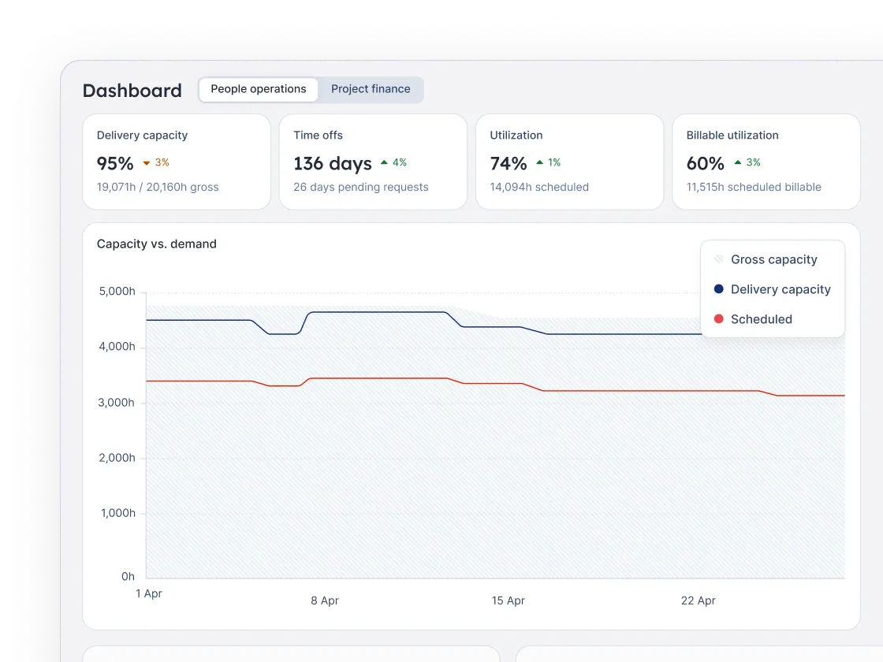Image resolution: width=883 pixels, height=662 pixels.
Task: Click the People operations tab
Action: (258, 89)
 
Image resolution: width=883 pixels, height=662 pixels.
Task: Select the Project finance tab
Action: (371, 89)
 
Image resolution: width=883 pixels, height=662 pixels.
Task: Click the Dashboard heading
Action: (132, 91)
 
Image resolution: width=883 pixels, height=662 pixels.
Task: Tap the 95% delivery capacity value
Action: (115, 163)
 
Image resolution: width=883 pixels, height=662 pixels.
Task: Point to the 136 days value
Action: (332, 163)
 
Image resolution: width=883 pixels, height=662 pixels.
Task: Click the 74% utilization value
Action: (509, 163)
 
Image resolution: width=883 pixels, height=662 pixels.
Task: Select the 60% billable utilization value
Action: (705, 163)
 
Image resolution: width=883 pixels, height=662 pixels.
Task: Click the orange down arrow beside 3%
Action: (146, 163)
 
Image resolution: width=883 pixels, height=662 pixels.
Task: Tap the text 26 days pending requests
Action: (361, 188)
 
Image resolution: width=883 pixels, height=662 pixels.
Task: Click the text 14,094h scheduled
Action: (539, 188)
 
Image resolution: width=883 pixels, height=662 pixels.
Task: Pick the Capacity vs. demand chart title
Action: (156, 244)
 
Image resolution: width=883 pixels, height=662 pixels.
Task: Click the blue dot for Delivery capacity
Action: (718, 289)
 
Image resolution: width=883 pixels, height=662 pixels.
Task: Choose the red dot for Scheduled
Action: (718, 319)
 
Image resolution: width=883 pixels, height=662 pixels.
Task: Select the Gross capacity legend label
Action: (773, 259)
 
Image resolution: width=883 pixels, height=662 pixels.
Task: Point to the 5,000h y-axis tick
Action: (117, 292)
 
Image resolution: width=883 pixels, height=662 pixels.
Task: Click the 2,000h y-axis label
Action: (117, 458)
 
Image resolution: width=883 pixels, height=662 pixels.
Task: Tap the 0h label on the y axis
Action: (128, 577)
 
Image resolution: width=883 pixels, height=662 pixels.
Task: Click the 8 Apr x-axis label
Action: (325, 601)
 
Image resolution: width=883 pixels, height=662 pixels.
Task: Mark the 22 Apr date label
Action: (698, 601)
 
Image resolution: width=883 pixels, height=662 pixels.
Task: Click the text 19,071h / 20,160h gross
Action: (158, 188)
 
